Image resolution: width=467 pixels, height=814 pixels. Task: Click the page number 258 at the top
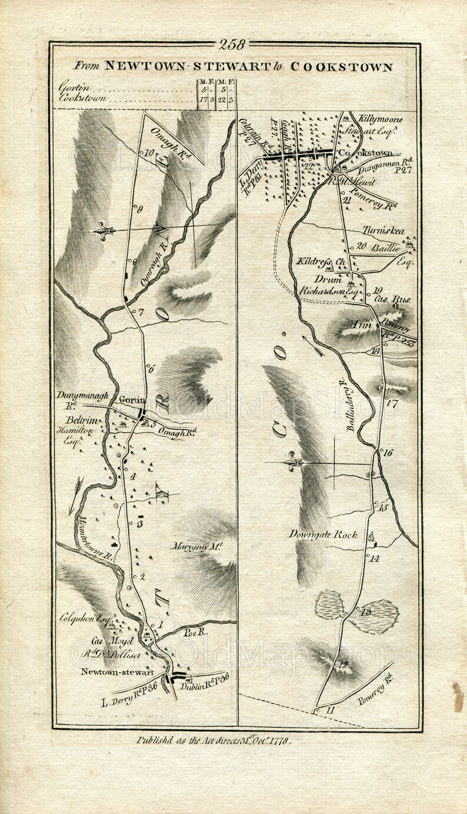point(233,45)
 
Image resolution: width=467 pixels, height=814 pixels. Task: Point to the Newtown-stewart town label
point(117,672)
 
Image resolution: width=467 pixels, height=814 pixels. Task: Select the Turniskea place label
point(383,231)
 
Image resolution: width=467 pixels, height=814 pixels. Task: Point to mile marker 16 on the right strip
point(387,453)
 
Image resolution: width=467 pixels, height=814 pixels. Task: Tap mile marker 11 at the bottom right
point(329,710)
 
